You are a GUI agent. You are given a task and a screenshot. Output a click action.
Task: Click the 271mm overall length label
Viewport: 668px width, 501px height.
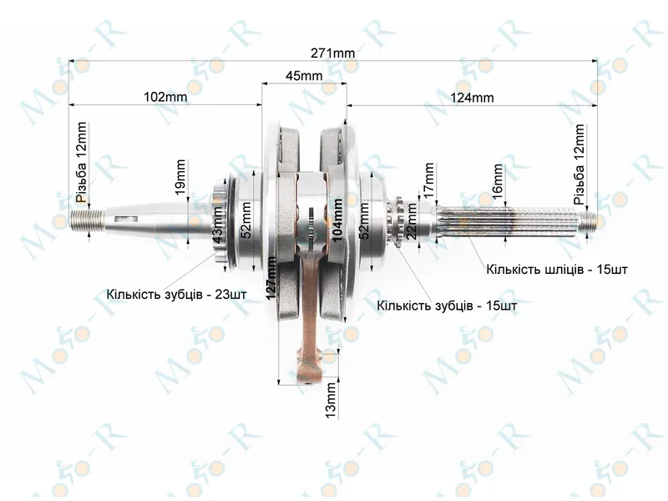pyautogui.click(x=332, y=53)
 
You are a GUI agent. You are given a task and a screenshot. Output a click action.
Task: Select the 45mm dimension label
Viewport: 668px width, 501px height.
pyautogui.click(x=304, y=76)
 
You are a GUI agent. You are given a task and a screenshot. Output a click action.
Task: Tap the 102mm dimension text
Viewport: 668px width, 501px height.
pyautogui.click(x=165, y=97)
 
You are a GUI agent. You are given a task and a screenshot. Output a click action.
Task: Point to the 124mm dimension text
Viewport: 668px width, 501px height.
pyautogui.click(x=472, y=98)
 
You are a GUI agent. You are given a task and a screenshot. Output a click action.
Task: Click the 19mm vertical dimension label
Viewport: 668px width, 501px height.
pyautogui.click(x=180, y=177)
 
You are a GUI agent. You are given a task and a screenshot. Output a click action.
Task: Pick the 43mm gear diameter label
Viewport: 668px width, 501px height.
pyautogui.click(x=217, y=225)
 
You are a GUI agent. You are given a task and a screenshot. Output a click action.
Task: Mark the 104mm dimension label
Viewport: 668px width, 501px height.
pyautogui.click(x=337, y=220)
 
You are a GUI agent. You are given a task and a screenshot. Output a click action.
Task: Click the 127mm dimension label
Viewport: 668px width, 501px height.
pyautogui.click(x=271, y=278)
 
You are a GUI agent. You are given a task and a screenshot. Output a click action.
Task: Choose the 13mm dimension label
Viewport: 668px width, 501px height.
pyautogui.click(x=331, y=400)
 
